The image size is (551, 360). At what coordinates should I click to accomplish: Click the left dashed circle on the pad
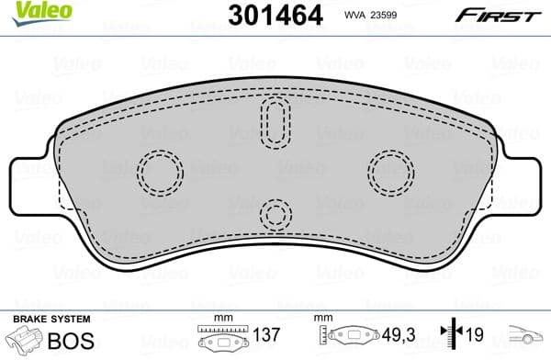(161, 170)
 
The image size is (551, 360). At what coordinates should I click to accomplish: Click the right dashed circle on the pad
(391, 170)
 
